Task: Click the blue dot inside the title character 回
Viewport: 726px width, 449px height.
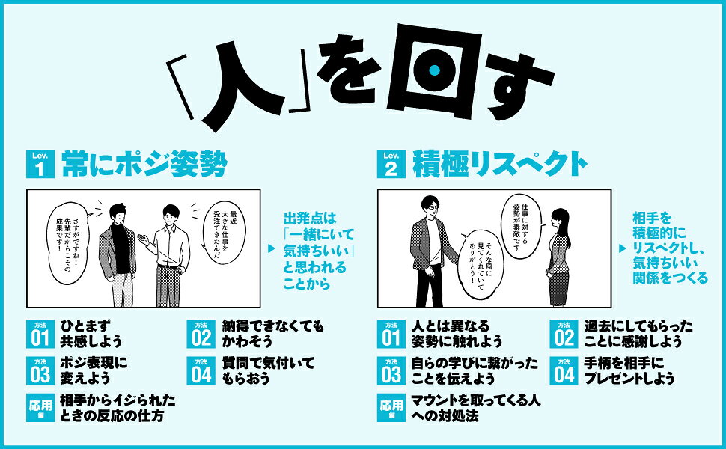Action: pos(434,70)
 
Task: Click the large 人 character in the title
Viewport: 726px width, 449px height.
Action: pos(241,85)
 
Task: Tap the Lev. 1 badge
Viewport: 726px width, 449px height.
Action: pos(40,163)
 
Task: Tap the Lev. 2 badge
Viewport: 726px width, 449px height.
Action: pos(391,163)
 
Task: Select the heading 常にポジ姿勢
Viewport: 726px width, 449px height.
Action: pos(144,163)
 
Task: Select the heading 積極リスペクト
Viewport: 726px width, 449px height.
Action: pos(500,163)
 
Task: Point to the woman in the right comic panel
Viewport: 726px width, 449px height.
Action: pos(559,257)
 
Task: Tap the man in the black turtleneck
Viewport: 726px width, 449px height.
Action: pos(118,255)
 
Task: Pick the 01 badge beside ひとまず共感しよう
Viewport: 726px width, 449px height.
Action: pos(40,334)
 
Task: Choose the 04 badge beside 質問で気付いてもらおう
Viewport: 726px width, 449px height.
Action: pos(201,370)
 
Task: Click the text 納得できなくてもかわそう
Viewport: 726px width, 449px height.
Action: pos(273,334)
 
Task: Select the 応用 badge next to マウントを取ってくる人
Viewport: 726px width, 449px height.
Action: pos(391,408)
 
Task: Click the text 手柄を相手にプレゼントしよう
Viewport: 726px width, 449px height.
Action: pos(629,370)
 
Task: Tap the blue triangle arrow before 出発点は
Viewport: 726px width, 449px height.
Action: pos(272,248)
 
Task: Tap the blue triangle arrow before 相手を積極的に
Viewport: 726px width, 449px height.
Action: pos(623,248)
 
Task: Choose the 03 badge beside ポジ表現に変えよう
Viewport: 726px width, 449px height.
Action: pos(40,370)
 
